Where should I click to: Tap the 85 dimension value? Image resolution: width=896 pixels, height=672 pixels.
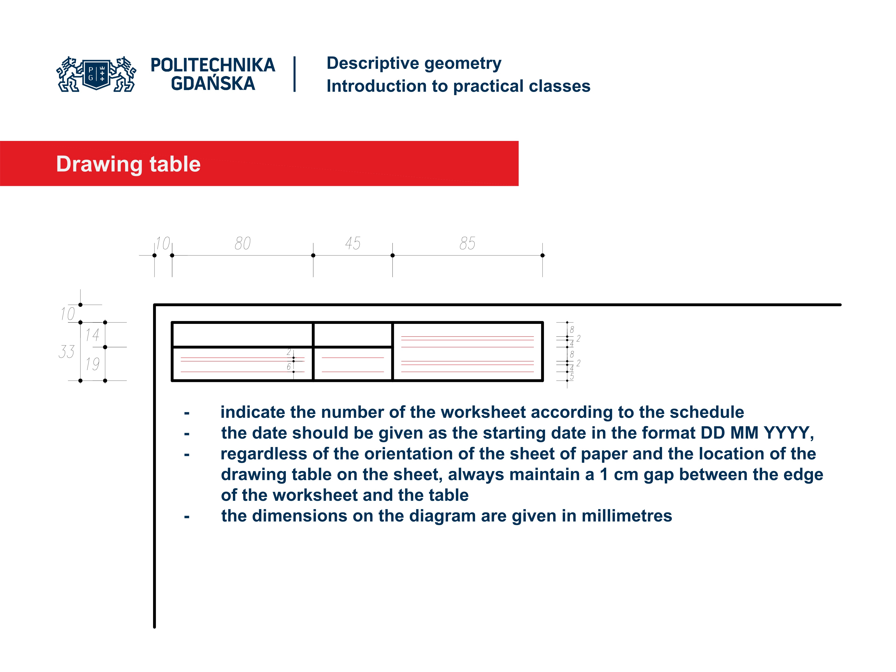click(467, 243)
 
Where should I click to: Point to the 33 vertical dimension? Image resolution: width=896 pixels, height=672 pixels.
click(66, 352)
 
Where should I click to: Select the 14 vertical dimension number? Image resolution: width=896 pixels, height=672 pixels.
click(92, 335)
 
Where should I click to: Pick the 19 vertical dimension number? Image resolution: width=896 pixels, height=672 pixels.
click(92, 364)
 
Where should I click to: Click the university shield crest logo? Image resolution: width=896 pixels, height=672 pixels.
click(96, 74)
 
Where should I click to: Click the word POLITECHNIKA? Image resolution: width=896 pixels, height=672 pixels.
click(213, 65)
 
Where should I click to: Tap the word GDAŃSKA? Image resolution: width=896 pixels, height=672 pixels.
click(213, 84)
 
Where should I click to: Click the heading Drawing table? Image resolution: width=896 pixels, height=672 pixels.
click(128, 164)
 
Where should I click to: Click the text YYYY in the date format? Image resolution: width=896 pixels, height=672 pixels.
click(788, 433)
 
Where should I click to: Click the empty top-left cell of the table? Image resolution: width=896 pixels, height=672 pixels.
click(242, 335)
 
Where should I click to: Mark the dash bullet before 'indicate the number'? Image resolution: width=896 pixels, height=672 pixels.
click(187, 413)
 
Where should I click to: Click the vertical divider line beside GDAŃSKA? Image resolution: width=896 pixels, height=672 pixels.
click(294, 74)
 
